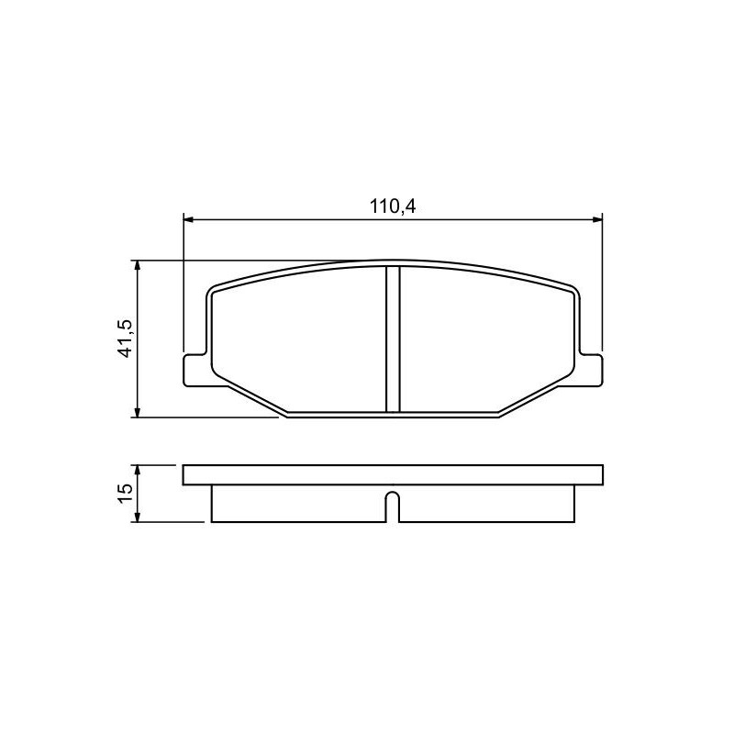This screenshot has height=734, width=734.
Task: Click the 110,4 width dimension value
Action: coord(393,206)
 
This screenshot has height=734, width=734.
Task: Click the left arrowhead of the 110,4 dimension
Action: coord(188,219)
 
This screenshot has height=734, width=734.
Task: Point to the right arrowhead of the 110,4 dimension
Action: coord(597,219)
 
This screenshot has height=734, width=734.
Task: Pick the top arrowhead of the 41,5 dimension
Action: coord(137,266)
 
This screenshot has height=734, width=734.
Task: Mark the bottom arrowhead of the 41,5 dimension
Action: coord(137,411)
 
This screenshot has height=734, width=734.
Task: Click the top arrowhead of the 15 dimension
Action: coord(137,471)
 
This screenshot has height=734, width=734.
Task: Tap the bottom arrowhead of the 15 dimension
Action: coord(137,517)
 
